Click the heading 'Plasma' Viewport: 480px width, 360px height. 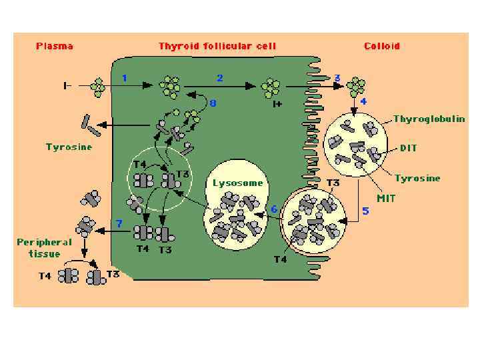(55, 47)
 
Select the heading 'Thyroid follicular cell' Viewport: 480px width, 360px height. (217, 47)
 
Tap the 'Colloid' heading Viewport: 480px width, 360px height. (382, 47)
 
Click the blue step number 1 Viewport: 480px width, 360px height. (124, 78)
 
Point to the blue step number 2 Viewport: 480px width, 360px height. (220, 78)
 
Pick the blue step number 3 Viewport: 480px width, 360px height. (337, 78)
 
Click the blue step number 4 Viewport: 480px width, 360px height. (364, 101)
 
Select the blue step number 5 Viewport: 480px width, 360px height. (365, 211)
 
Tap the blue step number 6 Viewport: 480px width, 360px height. (273, 209)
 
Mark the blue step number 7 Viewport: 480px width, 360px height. (119, 223)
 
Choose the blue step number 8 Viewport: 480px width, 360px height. (213, 103)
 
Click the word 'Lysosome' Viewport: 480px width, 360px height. (238, 183)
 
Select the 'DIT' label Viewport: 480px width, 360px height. (409, 148)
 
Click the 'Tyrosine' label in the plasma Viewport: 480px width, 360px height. (69, 147)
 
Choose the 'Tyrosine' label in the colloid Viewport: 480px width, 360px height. (417, 178)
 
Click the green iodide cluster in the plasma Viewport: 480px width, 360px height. (99, 86)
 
